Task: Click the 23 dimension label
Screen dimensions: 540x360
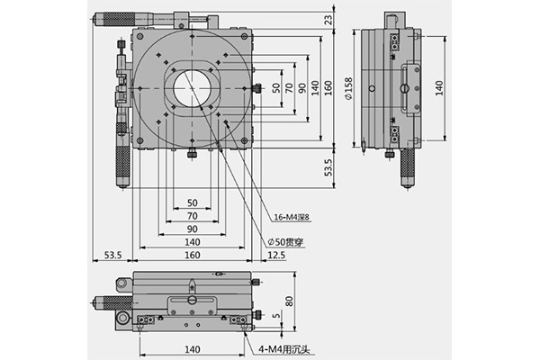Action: coord(329,19)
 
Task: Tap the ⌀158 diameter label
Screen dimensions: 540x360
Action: coord(348,88)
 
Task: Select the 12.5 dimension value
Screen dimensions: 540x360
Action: coord(276,255)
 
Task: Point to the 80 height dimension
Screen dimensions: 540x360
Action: coord(290,301)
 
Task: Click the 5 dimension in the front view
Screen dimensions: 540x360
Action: coord(276,315)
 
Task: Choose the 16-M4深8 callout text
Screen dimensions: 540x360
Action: coord(292,217)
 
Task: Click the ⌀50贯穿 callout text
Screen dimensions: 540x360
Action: coord(286,242)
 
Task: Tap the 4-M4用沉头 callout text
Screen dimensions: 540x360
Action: coord(284,350)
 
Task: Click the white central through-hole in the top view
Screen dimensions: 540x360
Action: coord(192,88)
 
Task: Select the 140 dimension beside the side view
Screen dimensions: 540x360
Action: coord(439,88)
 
